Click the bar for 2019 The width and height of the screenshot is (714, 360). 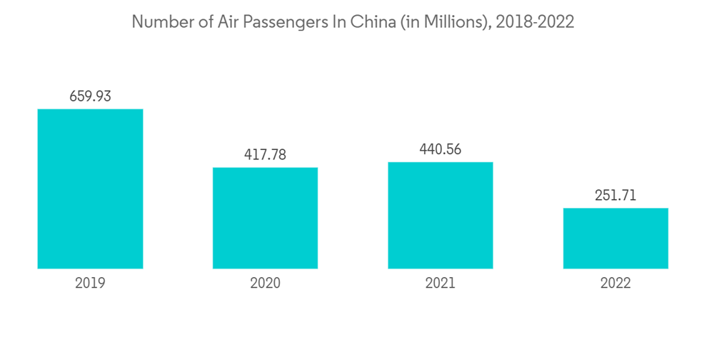click(90, 189)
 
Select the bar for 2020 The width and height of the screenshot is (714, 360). click(265, 218)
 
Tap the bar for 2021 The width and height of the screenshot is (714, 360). click(440, 215)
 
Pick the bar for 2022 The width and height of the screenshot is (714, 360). click(615, 238)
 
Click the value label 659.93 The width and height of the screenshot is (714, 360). click(90, 96)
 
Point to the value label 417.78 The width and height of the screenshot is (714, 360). click(265, 154)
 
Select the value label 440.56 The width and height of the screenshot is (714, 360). click(440, 149)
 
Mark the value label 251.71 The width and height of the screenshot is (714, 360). click(615, 195)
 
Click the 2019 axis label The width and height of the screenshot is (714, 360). click(90, 284)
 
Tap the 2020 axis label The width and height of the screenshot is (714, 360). click(265, 284)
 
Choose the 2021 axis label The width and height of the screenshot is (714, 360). click(440, 284)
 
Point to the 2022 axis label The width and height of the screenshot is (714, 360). click(615, 284)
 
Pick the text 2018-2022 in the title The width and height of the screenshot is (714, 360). click(535, 22)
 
